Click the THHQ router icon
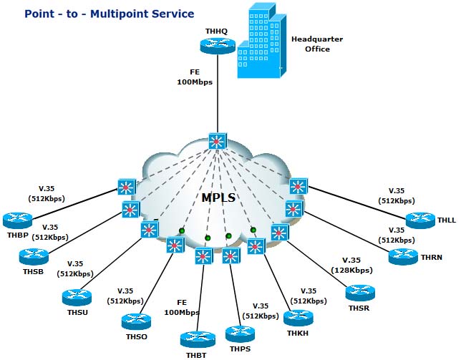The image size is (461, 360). [218, 45]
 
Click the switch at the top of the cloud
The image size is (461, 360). [217, 141]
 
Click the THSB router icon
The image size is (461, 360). [34, 256]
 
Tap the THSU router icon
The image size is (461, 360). [77, 296]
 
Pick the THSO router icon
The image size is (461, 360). [136, 320]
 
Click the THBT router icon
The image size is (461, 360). [198, 339]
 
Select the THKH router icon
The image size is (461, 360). [299, 317]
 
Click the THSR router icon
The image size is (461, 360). [360, 292]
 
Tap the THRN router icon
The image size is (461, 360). [404, 256]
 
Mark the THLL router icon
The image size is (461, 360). [420, 220]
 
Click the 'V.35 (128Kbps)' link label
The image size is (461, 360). [351, 265]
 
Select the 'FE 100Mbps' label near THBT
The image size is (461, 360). [180, 308]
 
